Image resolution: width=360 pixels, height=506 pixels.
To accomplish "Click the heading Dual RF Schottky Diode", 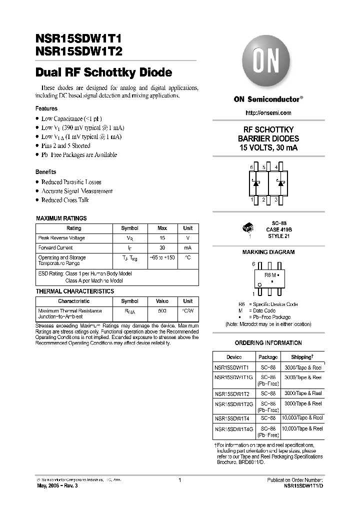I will pyautogui.click(x=103, y=72).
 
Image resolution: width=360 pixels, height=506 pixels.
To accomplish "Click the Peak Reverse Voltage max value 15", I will pyautogui.click(x=162, y=238).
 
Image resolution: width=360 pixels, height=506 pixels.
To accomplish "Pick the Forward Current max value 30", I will pyautogui.click(x=162, y=247).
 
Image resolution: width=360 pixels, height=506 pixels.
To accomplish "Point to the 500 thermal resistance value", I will pyautogui.click(x=162, y=310).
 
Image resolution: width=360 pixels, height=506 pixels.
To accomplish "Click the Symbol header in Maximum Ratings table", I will pyautogui.click(x=129, y=228).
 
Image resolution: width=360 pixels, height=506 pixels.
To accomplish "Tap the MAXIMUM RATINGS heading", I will pyautogui.click(x=61, y=218).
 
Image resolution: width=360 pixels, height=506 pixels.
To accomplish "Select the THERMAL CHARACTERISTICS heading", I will pyautogui.click(x=75, y=291).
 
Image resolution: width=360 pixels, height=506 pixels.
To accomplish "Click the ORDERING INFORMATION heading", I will pyautogui.click(x=268, y=343).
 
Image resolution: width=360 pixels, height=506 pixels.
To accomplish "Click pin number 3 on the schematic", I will pyautogui.click(x=276, y=199).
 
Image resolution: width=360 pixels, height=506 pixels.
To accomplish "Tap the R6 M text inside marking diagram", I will pyautogui.click(x=269, y=275).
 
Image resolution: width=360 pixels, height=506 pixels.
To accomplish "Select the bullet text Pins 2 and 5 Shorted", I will pyautogui.click(x=65, y=145).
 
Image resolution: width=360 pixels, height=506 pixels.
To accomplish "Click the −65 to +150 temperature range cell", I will pyautogui.click(x=162, y=257).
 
